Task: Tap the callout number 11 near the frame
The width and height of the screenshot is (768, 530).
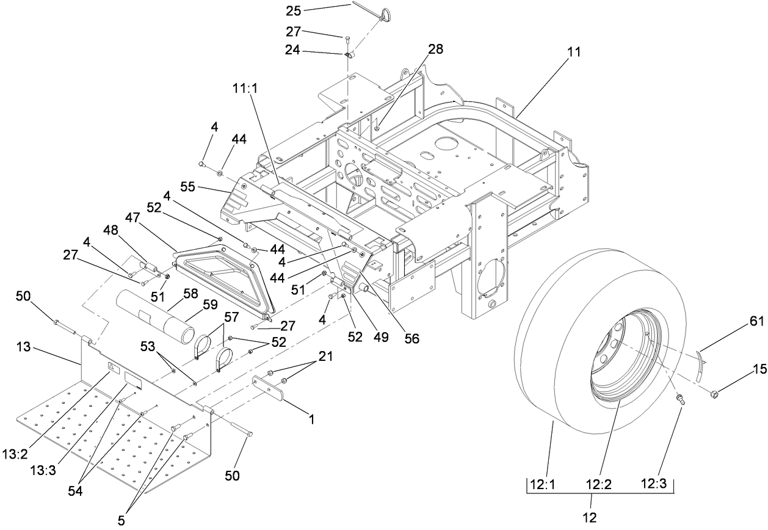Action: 573,53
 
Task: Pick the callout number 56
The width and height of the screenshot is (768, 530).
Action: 412,337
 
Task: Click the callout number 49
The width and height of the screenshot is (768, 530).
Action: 382,337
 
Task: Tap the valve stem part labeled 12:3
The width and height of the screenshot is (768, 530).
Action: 681,400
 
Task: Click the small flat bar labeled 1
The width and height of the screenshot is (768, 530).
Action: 270,387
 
